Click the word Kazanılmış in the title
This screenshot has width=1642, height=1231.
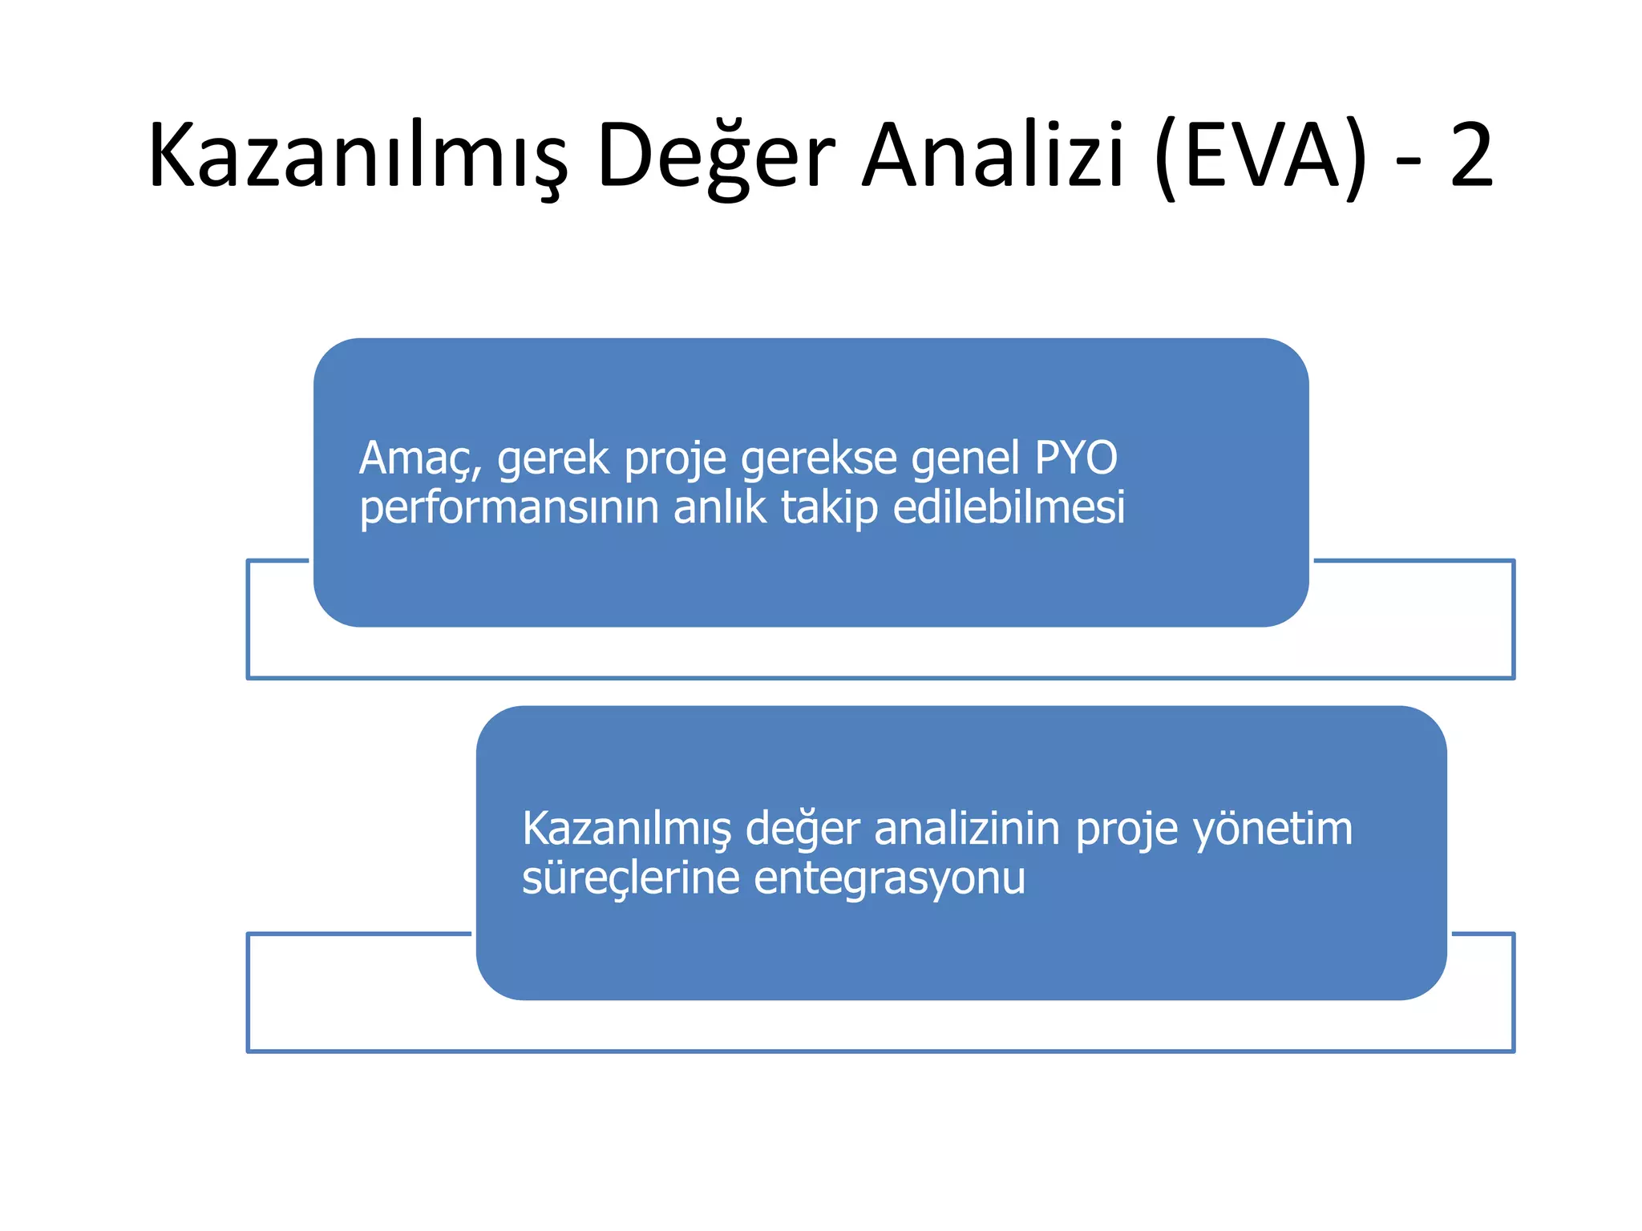(358, 156)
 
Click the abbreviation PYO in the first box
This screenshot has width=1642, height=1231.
(1076, 458)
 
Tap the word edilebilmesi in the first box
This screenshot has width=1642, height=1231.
(1009, 507)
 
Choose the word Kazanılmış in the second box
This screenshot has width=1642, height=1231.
(627, 829)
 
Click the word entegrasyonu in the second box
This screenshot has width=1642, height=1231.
(890, 879)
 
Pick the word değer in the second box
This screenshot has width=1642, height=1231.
(803, 829)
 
